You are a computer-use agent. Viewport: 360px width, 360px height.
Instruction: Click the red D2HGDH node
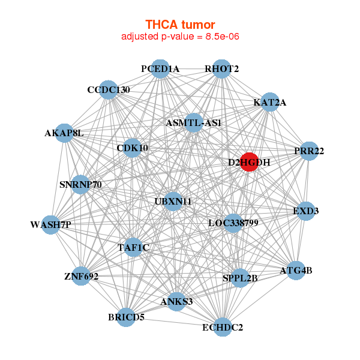[x=249, y=162]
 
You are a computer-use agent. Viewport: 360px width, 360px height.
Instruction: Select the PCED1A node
[x=160, y=69]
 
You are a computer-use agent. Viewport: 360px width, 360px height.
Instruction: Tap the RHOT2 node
[x=221, y=69]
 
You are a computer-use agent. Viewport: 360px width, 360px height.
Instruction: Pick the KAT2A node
[x=270, y=102]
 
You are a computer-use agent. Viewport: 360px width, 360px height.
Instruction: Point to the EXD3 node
[x=306, y=211]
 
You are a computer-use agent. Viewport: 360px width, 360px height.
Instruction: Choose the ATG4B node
[x=296, y=271]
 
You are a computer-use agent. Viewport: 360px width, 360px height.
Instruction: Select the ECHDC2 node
[x=223, y=327]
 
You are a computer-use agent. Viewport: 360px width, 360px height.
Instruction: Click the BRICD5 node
[x=126, y=317]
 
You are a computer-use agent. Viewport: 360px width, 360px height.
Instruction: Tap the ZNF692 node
[x=81, y=277]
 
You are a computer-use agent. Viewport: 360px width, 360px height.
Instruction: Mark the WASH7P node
[x=50, y=225]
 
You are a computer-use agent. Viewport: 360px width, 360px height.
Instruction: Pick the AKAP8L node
[x=64, y=133]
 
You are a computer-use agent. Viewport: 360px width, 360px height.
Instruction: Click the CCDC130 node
[x=108, y=90]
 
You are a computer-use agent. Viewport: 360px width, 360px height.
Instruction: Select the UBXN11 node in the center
[x=173, y=201]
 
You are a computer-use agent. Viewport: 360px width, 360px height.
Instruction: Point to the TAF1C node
[x=133, y=247]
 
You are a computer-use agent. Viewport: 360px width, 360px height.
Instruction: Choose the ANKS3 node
[x=176, y=301]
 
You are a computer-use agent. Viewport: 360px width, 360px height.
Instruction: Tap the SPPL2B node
[x=240, y=278]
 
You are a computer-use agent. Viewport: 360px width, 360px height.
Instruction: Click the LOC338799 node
[x=233, y=223]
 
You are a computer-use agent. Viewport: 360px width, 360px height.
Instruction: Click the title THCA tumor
[x=180, y=25]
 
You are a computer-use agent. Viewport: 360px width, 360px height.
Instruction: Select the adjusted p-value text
[x=181, y=37]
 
